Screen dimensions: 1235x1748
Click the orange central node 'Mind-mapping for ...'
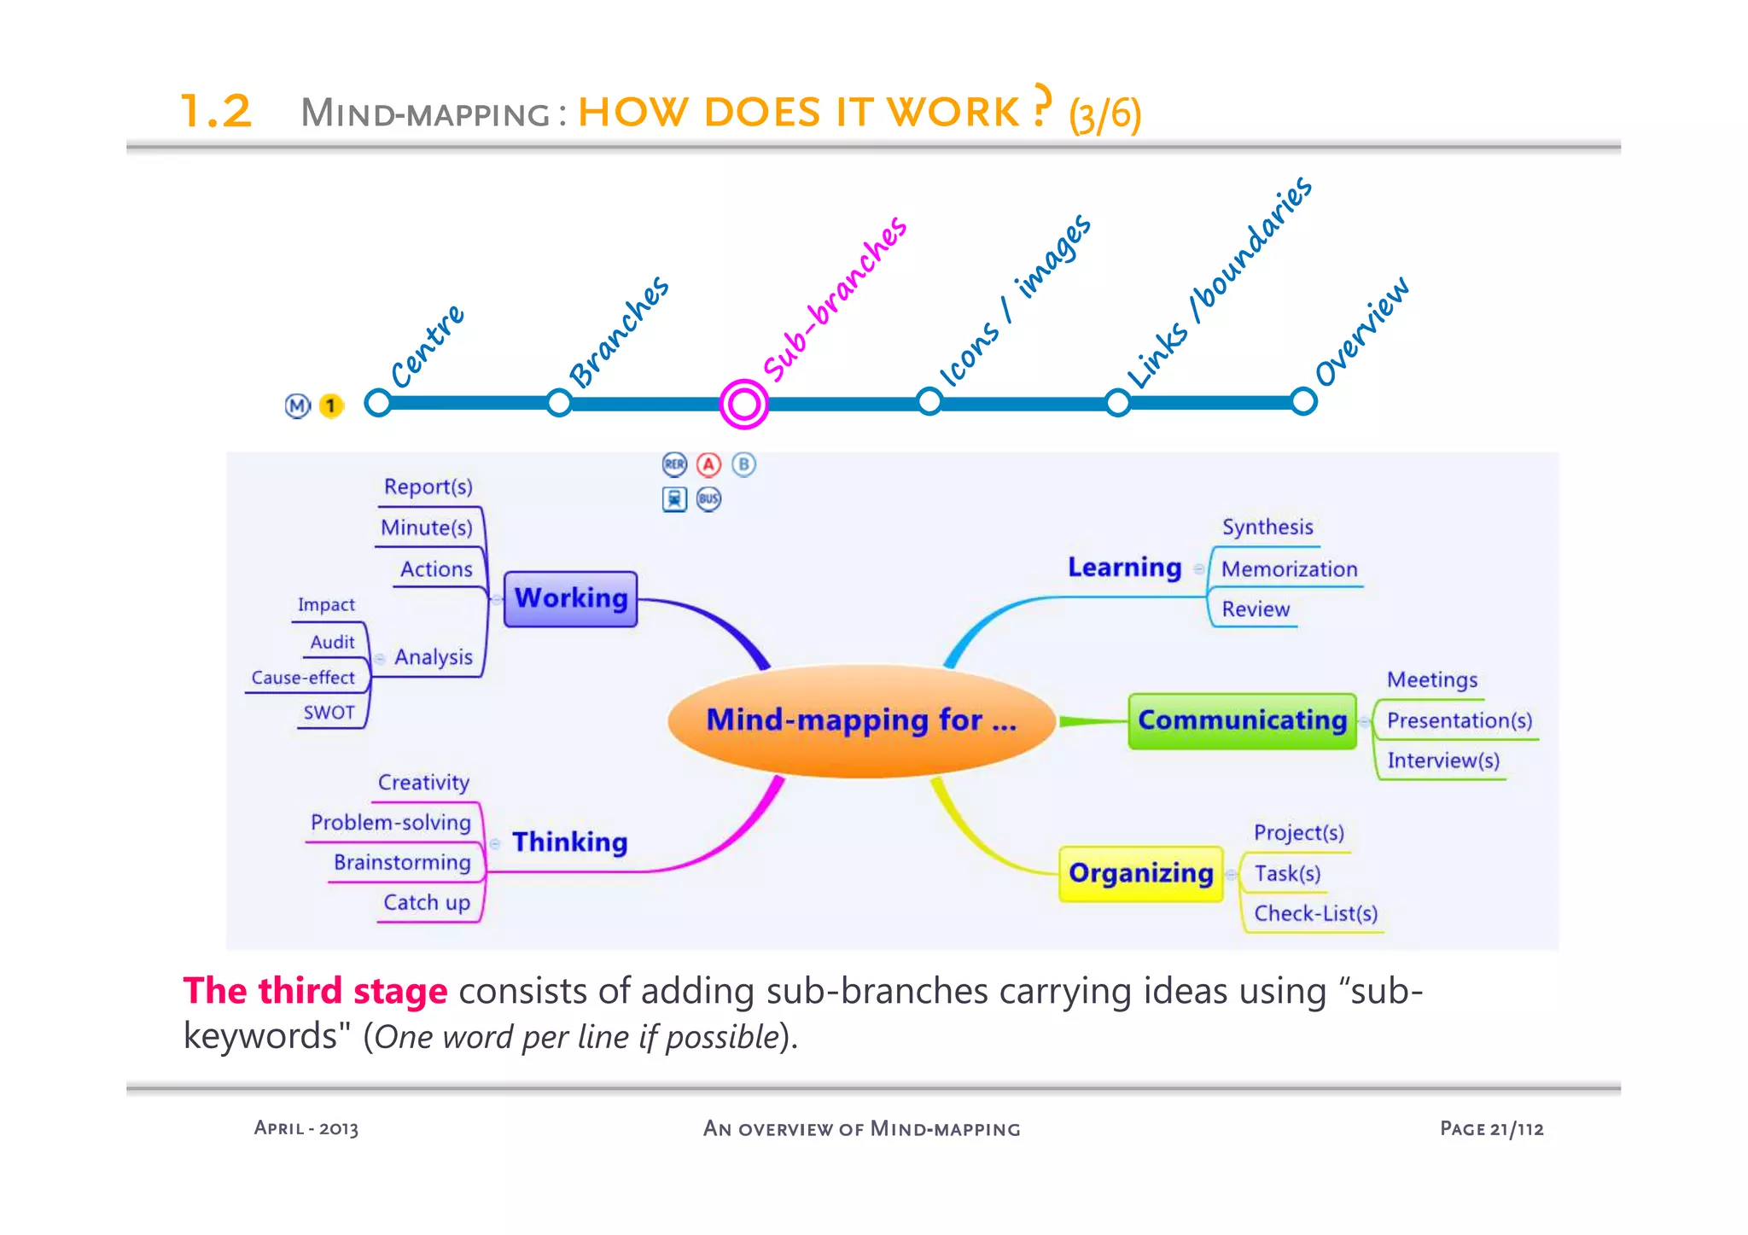860,721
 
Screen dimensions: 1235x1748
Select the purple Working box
570,599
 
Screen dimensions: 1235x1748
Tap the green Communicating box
1242,721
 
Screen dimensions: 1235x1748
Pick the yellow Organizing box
1140,873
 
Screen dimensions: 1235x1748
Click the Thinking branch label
569,842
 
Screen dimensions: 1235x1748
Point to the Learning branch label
1124,568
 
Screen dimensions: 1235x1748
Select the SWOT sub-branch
329,713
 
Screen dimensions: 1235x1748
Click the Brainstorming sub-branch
402,862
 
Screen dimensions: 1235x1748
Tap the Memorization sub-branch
1289,569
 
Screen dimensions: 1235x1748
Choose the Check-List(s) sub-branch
1315,914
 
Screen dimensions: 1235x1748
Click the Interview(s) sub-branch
1442,760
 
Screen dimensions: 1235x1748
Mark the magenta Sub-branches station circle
743,404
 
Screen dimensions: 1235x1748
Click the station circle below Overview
1302,401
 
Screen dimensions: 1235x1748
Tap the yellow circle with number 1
330,406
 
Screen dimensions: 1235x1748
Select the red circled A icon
708,464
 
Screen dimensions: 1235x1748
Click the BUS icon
708,499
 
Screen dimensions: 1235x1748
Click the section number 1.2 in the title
217,112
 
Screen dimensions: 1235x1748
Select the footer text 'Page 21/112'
1491,1129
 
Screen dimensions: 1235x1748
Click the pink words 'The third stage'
315,992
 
